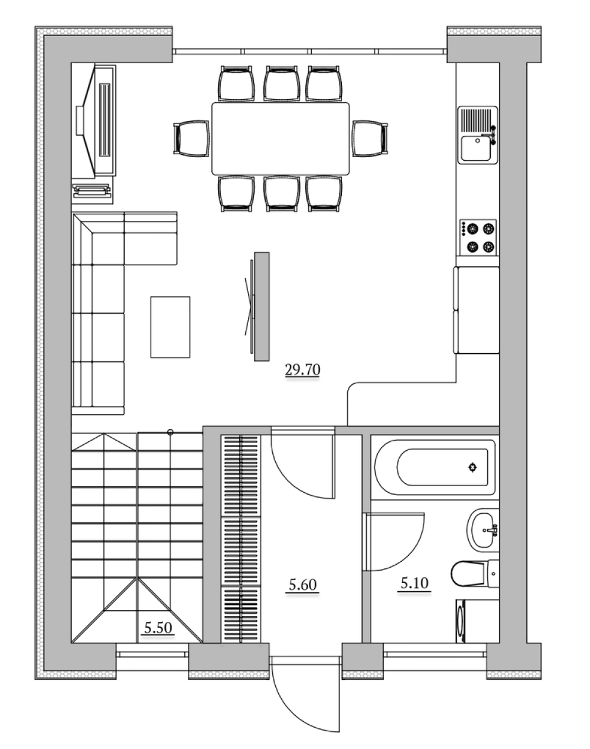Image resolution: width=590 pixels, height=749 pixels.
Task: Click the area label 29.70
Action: pyautogui.click(x=302, y=370)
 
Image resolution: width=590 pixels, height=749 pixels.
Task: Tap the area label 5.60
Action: pyautogui.click(x=302, y=584)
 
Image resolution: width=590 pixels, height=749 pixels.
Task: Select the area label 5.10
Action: pyautogui.click(x=414, y=582)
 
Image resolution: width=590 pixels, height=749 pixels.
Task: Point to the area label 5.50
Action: pyautogui.click(x=158, y=627)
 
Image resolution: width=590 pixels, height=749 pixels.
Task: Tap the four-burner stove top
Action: pyautogui.click(x=478, y=237)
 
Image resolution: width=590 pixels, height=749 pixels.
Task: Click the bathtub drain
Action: pyautogui.click(x=472, y=467)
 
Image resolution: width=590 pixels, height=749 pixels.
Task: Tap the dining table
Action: pyautogui.click(x=281, y=139)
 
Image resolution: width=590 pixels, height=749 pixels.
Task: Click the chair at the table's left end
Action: pyautogui.click(x=191, y=139)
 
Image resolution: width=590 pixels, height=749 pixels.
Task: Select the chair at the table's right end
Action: pyautogui.click(x=370, y=139)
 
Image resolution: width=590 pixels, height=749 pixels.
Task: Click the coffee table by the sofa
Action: pyautogui.click(x=170, y=327)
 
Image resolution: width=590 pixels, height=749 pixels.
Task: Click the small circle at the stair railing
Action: pyautogui.click(x=170, y=432)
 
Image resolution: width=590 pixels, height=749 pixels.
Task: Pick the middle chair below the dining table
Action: pyautogui.click(x=281, y=194)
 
